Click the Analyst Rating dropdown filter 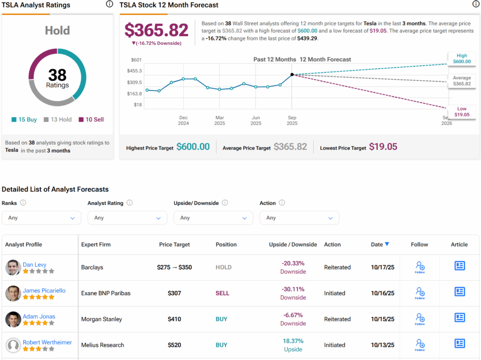[127, 218]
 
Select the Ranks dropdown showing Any [41, 218]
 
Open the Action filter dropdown [299, 218]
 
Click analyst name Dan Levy [35, 265]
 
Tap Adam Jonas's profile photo [13, 319]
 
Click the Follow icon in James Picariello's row [419, 293]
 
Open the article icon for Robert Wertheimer [459, 344]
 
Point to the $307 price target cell [174, 293]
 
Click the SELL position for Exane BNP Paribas [222, 293]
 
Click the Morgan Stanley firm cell [101, 319]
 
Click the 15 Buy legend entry [24, 119]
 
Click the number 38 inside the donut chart [57, 75]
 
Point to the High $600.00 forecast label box [462, 59]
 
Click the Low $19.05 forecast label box [462, 111]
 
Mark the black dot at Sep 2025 [292, 74]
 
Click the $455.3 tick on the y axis [134, 70]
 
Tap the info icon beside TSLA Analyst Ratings [109, 4]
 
